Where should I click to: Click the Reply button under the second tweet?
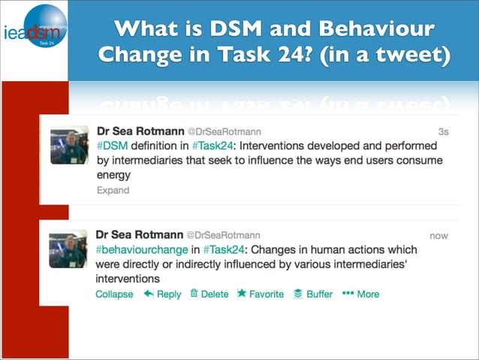[x=162, y=294]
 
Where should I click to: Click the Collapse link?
[x=114, y=294]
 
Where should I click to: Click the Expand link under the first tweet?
[x=113, y=190]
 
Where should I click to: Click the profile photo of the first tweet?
[x=70, y=144]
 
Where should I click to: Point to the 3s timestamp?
[x=443, y=132]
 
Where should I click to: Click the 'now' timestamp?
[x=438, y=235]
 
